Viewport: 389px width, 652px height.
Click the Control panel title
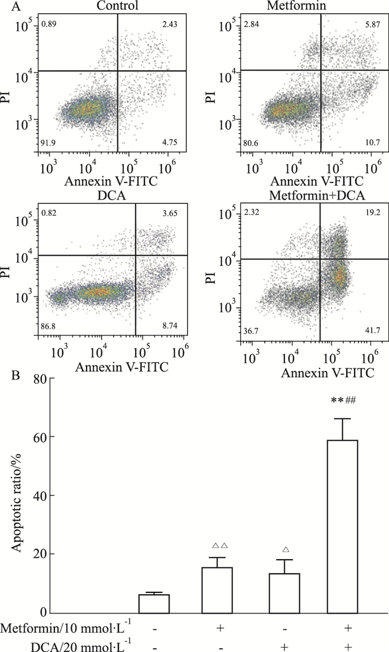click(117, 6)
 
